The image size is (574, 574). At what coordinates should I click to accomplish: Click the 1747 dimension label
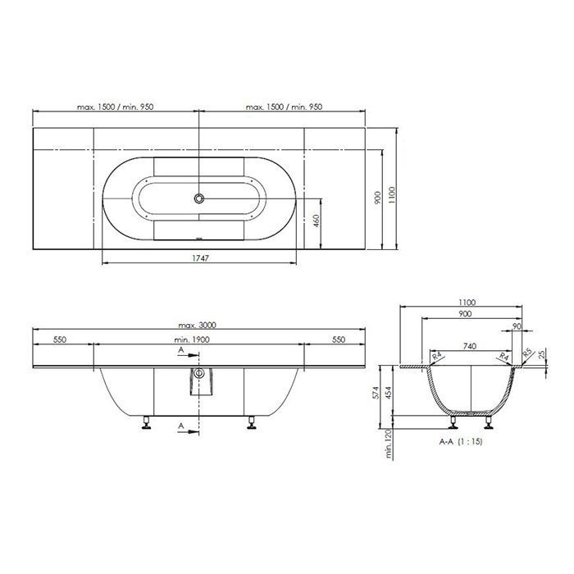(x=201, y=258)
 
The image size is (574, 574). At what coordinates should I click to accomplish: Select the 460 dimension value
(x=317, y=221)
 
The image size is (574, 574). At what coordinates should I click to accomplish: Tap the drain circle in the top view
(x=198, y=198)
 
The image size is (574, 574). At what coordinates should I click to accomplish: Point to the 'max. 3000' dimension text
(x=197, y=325)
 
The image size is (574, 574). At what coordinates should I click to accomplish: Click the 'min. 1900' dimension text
(x=192, y=339)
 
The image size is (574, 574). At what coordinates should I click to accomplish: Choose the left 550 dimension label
(x=60, y=339)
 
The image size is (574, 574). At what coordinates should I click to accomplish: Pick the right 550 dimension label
(x=339, y=339)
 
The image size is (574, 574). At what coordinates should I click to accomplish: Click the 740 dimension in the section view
(x=470, y=346)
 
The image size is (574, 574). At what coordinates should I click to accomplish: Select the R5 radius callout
(x=527, y=353)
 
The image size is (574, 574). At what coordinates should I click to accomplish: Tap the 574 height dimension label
(x=376, y=393)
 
